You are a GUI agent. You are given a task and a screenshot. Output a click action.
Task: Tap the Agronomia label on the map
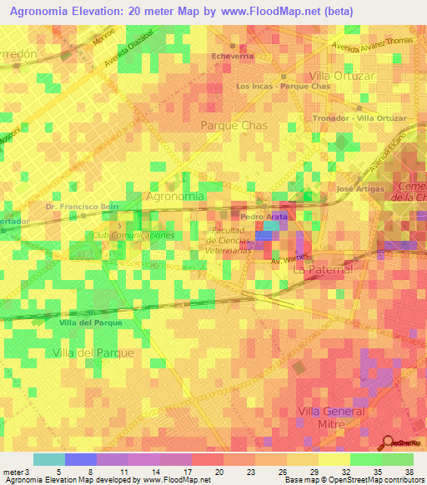[174, 197]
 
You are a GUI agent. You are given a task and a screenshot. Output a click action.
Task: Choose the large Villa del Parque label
[93, 353]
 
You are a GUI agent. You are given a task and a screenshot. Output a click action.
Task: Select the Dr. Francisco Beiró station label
[83, 206]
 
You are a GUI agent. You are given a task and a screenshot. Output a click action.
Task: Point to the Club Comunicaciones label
[134, 236]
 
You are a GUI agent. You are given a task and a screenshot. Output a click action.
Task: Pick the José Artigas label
[360, 189]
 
